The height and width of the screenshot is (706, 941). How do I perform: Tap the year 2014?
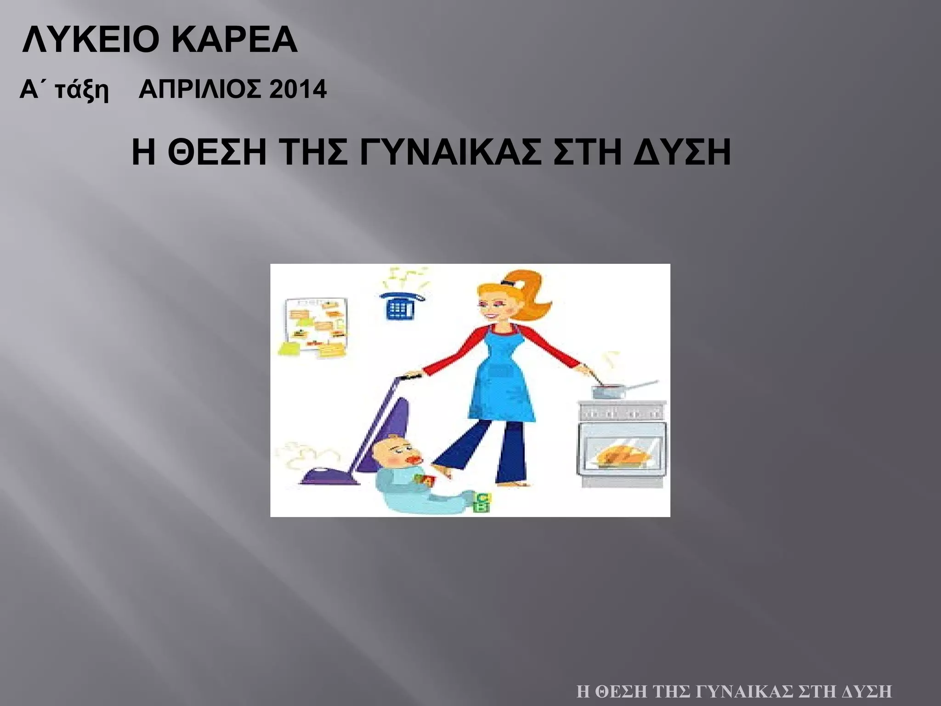298,89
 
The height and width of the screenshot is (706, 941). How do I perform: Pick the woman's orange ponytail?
528,299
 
